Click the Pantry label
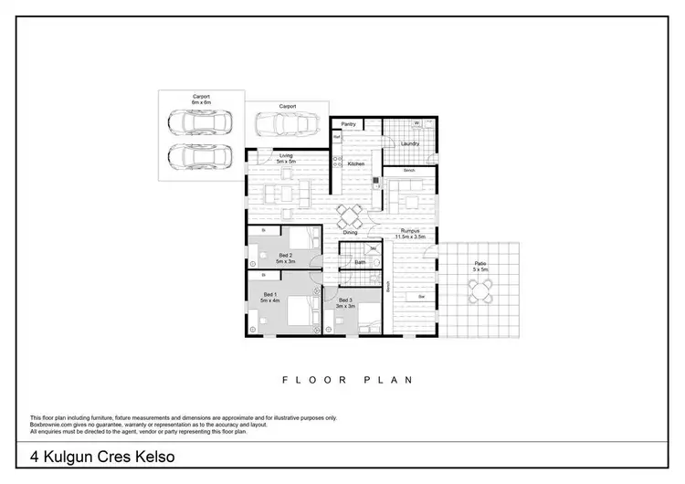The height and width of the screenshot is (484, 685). [348, 123]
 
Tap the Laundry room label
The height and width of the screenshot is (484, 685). [410, 143]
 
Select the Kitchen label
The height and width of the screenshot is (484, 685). [356, 163]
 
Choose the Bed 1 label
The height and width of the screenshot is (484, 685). [269, 298]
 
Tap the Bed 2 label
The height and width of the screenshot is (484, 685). [285, 258]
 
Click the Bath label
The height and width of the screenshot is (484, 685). [361, 262]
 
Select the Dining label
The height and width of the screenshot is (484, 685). [351, 232]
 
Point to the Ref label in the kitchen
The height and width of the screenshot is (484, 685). [336, 137]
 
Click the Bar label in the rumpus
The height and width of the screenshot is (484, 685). [421, 297]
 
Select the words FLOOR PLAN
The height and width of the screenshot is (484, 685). [348, 379]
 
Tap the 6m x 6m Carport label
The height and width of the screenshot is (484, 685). [201, 99]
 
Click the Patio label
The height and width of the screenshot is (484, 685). [480, 267]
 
